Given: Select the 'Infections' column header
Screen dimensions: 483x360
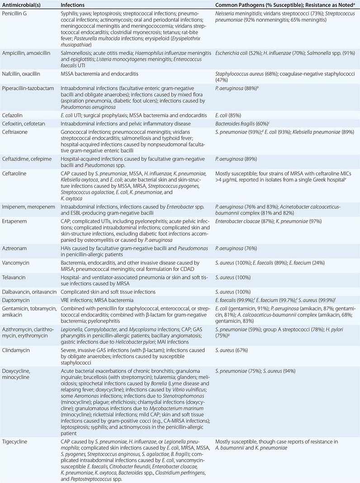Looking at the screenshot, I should click(x=73, y=5).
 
